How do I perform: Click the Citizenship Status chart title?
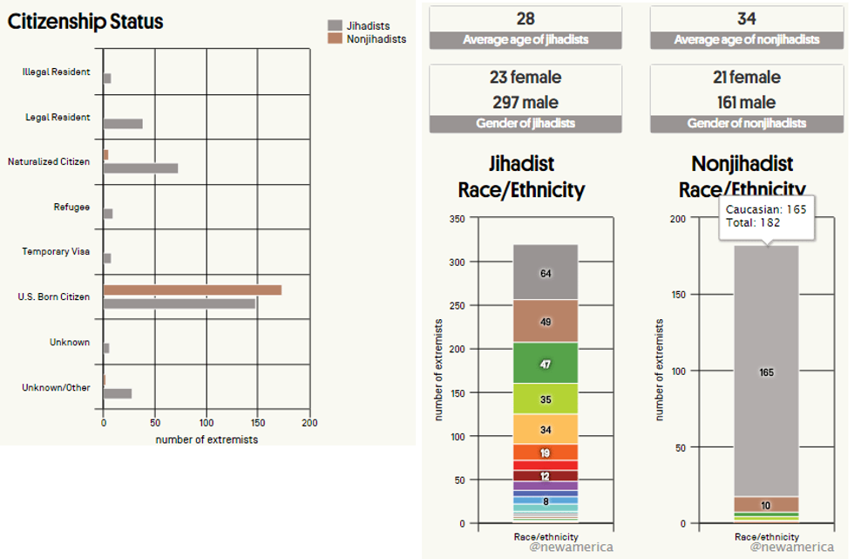click(85, 22)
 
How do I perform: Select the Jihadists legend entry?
click(365, 26)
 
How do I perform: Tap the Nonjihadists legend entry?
click(365, 39)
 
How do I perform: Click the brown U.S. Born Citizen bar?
click(192, 290)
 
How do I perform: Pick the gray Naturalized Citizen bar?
click(140, 168)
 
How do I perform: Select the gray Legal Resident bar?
click(123, 124)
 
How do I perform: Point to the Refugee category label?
click(71, 207)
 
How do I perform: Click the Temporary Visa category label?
click(56, 252)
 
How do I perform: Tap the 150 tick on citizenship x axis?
click(258, 424)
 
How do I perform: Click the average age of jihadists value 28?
click(525, 19)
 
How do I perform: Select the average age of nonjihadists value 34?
click(746, 19)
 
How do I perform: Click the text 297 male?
click(525, 102)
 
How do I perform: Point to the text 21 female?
click(746, 78)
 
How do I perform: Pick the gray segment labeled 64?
click(546, 272)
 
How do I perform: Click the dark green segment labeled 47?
click(546, 364)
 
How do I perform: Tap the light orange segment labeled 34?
click(546, 429)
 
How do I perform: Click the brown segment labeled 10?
click(766, 504)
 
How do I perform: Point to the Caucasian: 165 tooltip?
click(766, 216)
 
